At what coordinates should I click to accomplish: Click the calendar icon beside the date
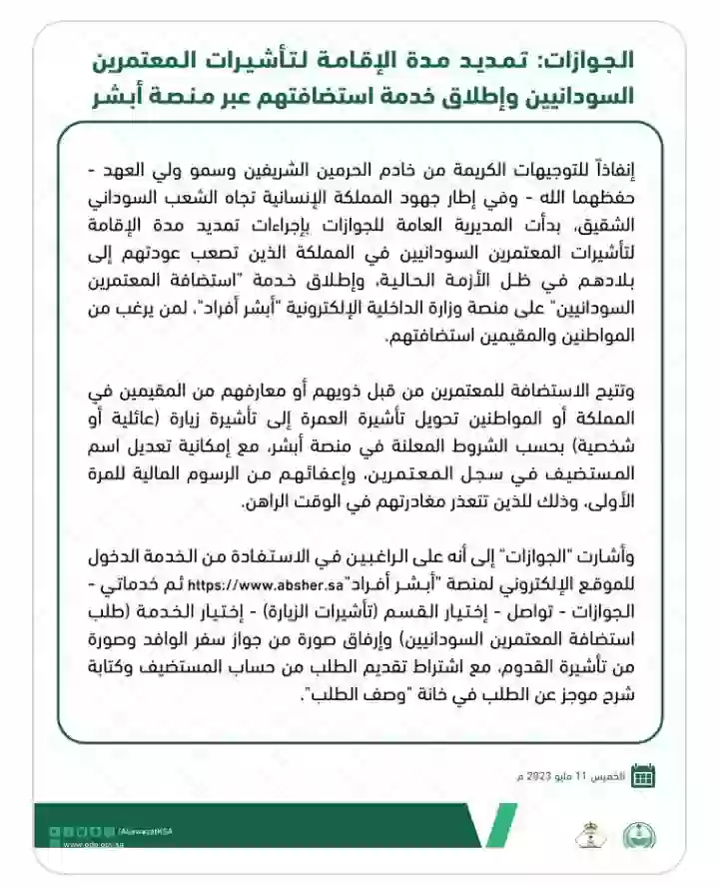(x=644, y=774)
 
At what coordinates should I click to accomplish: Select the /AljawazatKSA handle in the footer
(x=145, y=831)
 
